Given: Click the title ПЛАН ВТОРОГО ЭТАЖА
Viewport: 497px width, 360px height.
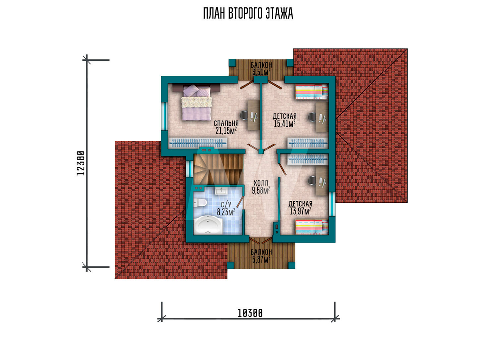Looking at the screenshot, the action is coord(248,13).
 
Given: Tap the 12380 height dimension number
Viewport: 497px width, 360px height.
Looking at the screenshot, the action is coord(81,163).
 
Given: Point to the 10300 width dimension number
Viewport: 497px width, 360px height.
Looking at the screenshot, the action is coord(250,313).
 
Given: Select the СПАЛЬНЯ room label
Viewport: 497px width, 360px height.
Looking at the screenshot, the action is coord(226,123).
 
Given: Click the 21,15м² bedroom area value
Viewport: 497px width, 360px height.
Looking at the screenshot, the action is coord(226,130).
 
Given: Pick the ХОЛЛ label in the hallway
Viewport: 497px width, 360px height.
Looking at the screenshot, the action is coord(261,183).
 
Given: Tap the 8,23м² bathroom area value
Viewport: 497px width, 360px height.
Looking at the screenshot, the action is coord(226,212).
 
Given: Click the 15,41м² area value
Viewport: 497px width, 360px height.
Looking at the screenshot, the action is coord(285,123).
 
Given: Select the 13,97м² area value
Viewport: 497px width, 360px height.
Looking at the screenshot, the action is coord(300,211).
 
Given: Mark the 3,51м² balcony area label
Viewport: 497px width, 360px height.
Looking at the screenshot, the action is coord(261,72).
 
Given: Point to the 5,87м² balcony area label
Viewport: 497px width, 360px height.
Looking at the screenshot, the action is coord(261,260).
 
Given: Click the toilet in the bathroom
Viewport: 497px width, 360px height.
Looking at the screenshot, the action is coord(200,202).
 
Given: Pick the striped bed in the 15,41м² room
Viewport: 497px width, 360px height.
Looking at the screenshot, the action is coord(311,92).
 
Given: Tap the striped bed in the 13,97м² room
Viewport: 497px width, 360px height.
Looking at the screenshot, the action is coord(311,227).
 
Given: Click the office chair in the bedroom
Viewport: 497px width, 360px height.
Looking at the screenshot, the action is coord(244,116).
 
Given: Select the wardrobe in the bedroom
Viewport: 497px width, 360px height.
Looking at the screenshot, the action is coord(198,143).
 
